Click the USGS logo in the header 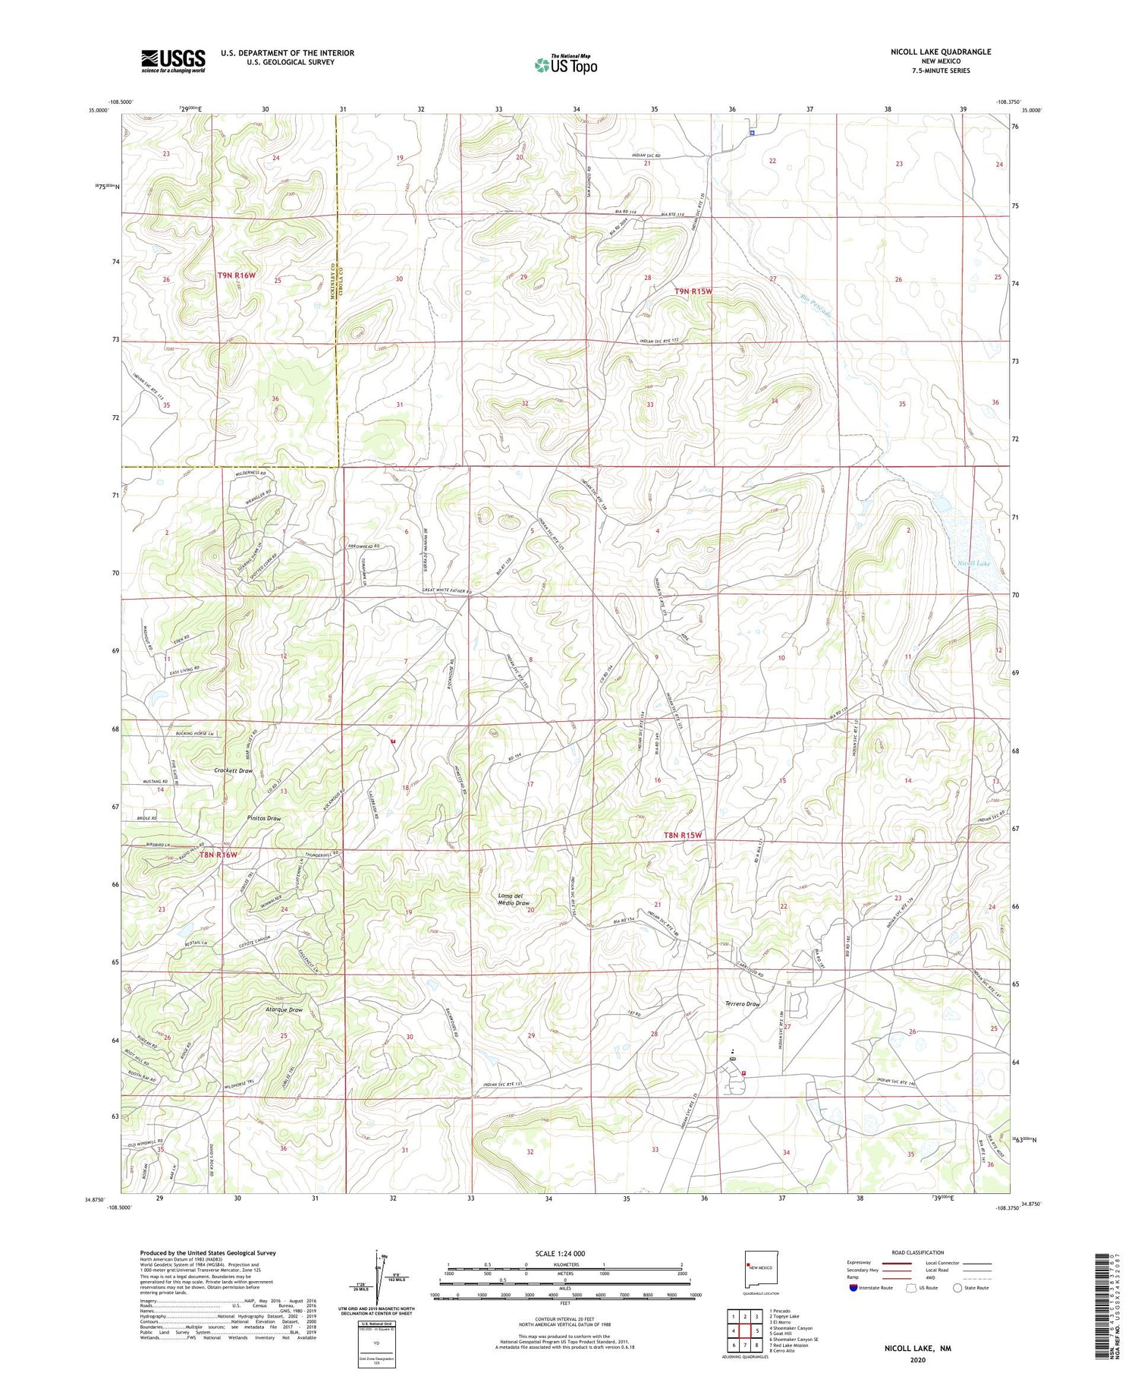[173, 61]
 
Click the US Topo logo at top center [566, 65]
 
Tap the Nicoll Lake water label [973, 563]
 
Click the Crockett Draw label [233, 770]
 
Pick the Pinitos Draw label [243, 819]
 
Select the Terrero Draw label [741, 1003]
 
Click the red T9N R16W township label [237, 276]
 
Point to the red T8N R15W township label [683, 835]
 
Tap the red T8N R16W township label [218, 855]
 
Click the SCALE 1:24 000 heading [560, 1253]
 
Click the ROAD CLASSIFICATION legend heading [918, 1252]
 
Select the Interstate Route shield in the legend [854, 1287]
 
